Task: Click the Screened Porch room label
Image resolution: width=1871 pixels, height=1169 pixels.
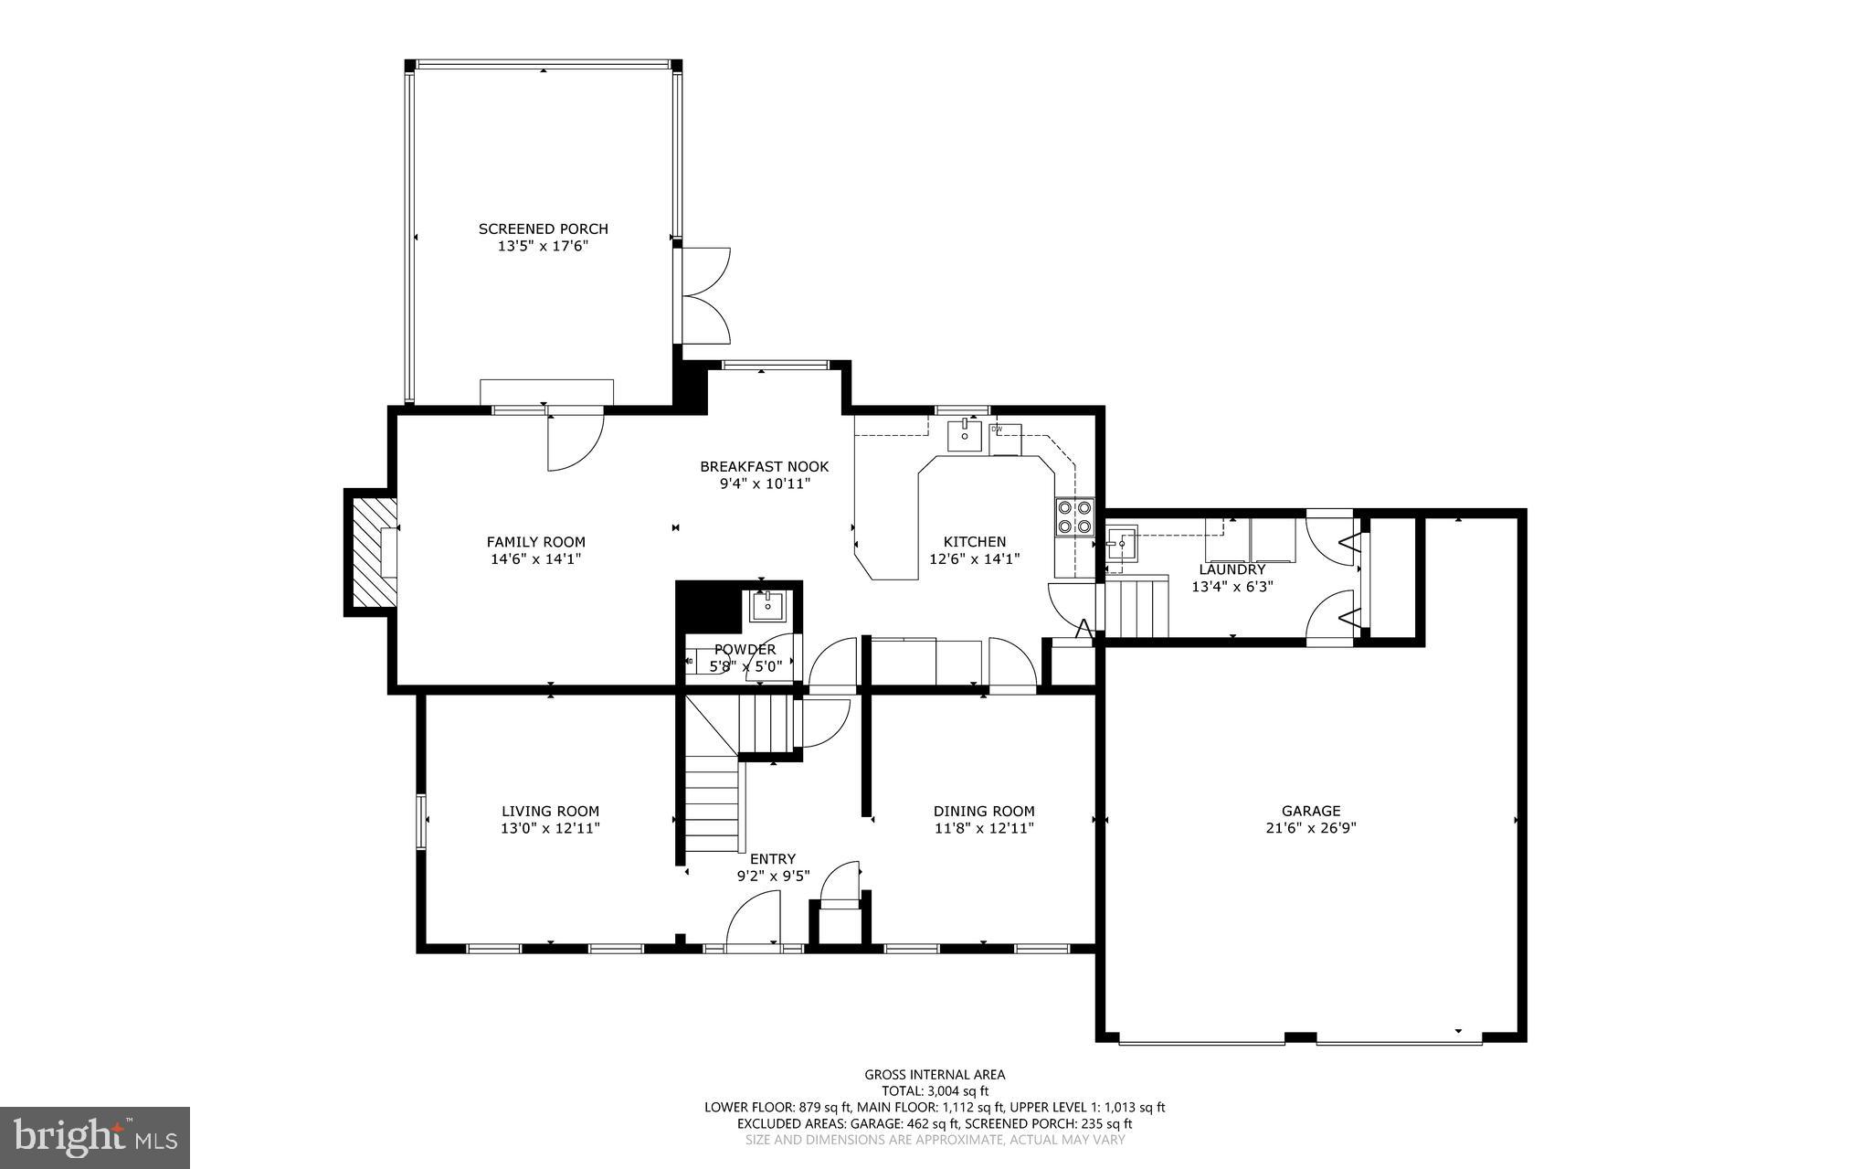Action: (543, 228)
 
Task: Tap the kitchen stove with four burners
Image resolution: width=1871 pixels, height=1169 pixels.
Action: (1074, 516)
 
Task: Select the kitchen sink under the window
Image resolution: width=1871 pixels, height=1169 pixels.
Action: (964, 435)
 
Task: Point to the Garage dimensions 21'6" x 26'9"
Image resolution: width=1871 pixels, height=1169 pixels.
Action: (1311, 828)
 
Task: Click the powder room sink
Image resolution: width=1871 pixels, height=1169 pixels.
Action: (767, 605)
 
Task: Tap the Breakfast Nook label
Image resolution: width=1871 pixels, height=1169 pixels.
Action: (764, 466)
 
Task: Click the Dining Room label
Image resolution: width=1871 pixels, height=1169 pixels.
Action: (983, 811)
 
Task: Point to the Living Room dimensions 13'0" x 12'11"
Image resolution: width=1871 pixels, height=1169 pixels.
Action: (550, 828)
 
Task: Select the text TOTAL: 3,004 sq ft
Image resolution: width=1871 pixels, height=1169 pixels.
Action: (935, 1090)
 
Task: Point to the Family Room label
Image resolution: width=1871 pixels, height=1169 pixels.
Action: (535, 541)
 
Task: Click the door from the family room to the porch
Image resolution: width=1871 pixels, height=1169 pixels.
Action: (573, 442)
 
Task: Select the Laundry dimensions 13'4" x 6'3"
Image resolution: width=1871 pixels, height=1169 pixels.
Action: (1231, 587)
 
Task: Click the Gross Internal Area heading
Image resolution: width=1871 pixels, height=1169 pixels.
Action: (935, 1074)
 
